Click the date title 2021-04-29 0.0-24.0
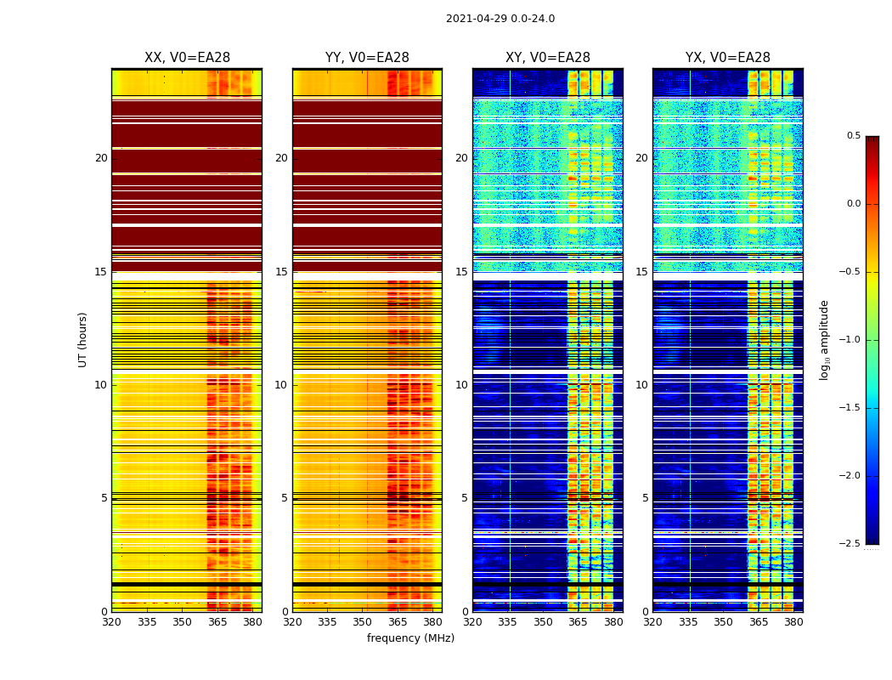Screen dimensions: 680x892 click(x=500, y=19)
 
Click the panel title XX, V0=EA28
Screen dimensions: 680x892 click(x=187, y=58)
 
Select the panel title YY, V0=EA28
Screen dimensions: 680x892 click(x=367, y=58)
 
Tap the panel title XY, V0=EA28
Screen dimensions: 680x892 click(x=548, y=58)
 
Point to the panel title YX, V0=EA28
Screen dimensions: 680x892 click(x=728, y=58)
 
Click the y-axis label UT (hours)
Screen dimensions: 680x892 click(x=82, y=339)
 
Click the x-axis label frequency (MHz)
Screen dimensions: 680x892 click(x=410, y=638)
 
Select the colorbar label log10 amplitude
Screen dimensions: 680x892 click(x=824, y=339)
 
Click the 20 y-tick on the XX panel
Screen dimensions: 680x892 click(x=101, y=158)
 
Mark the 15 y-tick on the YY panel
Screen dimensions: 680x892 click(x=281, y=272)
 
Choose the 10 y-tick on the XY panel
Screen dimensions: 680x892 click(x=461, y=385)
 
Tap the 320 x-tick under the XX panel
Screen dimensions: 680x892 click(x=111, y=622)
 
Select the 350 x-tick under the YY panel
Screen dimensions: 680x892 click(x=363, y=622)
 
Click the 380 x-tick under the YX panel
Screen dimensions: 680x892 click(x=793, y=622)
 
